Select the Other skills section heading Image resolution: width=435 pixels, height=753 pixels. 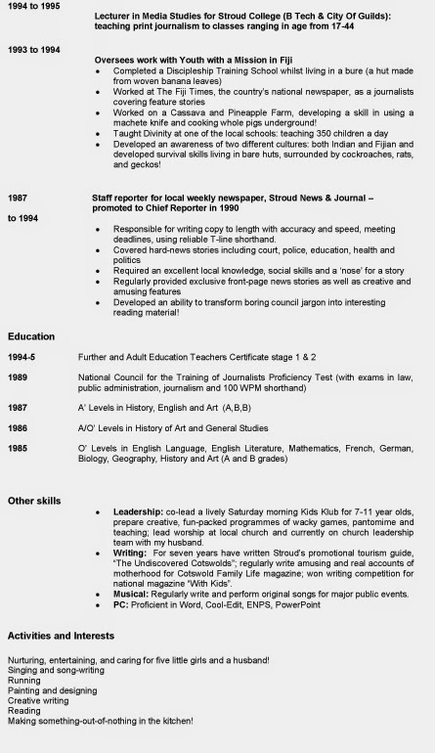click(36, 501)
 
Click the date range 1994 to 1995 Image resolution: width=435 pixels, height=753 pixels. click(32, 6)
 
